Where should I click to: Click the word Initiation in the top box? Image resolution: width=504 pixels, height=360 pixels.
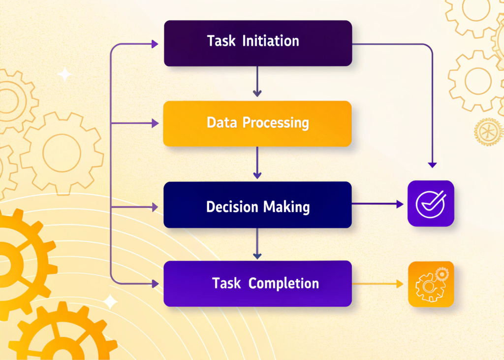[x=271, y=40]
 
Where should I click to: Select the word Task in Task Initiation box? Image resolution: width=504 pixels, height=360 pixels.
[x=221, y=40]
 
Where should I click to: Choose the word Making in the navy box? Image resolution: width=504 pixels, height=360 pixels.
[x=287, y=206]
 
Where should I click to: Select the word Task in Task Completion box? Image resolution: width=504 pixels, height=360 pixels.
[x=226, y=283]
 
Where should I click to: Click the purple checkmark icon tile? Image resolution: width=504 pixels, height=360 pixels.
[x=431, y=203]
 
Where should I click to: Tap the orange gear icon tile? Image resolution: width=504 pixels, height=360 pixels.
[x=431, y=284]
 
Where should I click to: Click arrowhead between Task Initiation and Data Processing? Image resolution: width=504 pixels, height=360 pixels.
[x=257, y=93]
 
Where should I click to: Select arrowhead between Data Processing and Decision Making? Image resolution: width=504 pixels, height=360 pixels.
[x=257, y=175]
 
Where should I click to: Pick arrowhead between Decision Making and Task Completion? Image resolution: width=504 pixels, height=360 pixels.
[x=257, y=256]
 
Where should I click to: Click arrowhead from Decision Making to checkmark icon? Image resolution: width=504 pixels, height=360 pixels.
[x=400, y=203]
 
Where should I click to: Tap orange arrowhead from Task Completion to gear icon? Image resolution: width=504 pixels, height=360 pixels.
[x=400, y=284]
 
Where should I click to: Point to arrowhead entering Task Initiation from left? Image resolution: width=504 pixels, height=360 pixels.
[x=155, y=45]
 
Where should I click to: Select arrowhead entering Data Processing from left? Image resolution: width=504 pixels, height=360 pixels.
[x=155, y=123]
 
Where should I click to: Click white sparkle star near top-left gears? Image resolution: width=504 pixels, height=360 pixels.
[x=64, y=74]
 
